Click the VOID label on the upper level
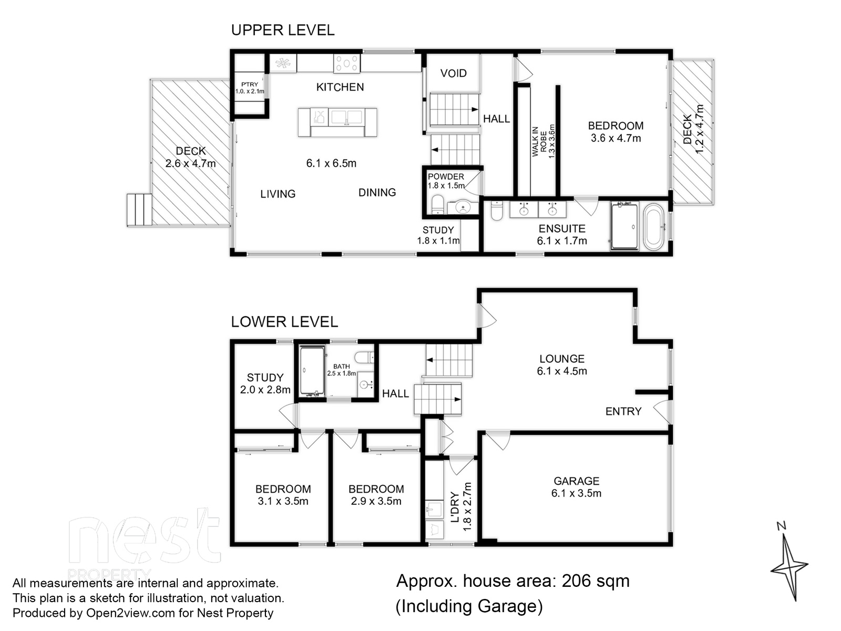(x=453, y=73)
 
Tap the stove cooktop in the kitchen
(x=347, y=63)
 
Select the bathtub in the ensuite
(x=653, y=227)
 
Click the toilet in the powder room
(x=437, y=205)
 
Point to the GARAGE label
(x=576, y=481)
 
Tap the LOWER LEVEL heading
(x=284, y=322)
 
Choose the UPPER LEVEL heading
(x=283, y=30)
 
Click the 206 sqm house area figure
(x=596, y=581)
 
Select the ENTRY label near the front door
(x=623, y=412)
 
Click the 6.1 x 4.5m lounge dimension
(x=562, y=371)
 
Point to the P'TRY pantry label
(x=250, y=84)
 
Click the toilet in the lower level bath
(x=364, y=358)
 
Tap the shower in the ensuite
(x=624, y=227)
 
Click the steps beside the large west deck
(x=139, y=210)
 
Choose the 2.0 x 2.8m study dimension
(x=265, y=390)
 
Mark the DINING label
(x=377, y=192)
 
